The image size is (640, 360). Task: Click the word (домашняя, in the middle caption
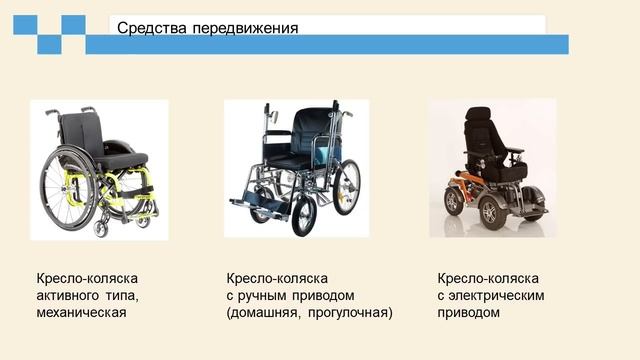click(x=265, y=312)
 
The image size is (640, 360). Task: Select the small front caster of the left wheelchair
click(x=101, y=228)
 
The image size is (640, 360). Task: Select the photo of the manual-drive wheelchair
click(x=295, y=168)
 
